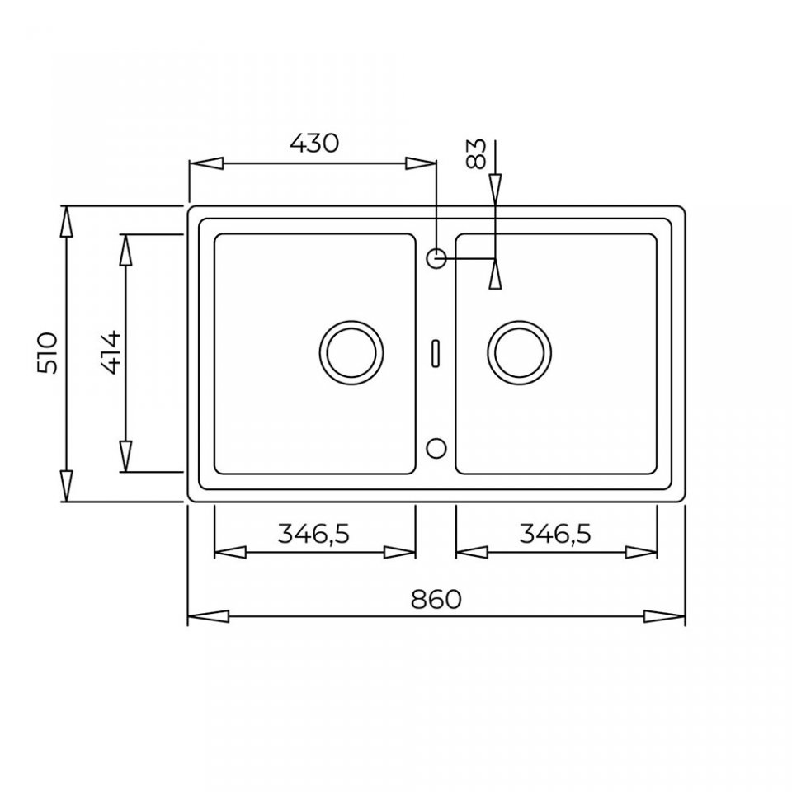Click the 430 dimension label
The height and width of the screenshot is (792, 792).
pyautogui.click(x=313, y=144)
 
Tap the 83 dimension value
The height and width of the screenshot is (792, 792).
pyautogui.click(x=476, y=154)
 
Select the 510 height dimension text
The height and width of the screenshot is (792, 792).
pyautogui.click(x=48, y=353)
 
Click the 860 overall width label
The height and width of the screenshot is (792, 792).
pyautogui.click(x=436, y=600)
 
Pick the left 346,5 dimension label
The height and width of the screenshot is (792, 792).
pyautogui.click(x=313, y=534)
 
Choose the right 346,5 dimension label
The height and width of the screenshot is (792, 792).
pyautogui.click(x=555, y=534)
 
